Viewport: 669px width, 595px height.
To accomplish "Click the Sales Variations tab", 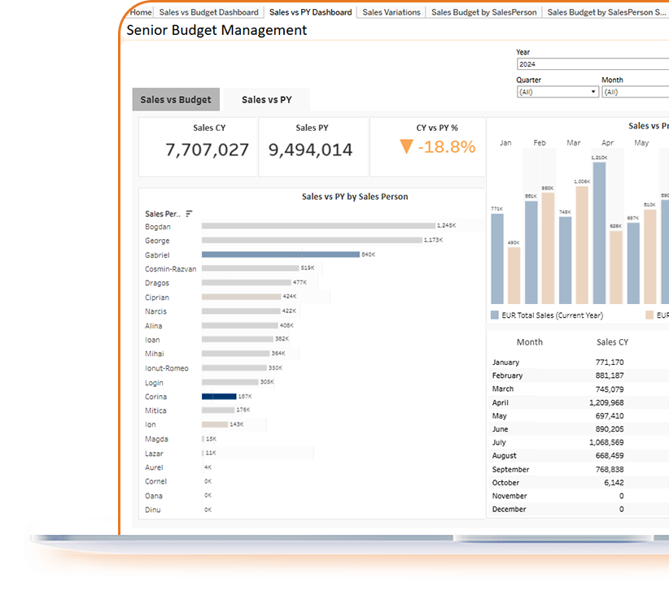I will coord(391,12).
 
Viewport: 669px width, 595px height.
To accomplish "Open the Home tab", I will coord(141,12).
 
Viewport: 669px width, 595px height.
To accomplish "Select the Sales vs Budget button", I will coord(176,100).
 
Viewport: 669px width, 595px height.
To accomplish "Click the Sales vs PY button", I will coord(266,100).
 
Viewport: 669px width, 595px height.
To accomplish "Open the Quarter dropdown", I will coord(557,93).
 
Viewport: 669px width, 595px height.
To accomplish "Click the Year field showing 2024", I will coord(592,64).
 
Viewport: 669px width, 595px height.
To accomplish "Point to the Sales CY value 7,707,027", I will coord(207,150).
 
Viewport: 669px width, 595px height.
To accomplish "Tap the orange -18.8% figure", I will coord(447,147).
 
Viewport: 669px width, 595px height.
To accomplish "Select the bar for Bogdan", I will coord(317,226).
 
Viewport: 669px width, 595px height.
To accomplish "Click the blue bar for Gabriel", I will coord(280,254).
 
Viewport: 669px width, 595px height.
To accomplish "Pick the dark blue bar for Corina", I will coord(219,397).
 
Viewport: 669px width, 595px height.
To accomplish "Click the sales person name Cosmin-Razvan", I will coord(170,269).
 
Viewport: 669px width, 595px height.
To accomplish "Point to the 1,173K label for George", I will coord(434,241).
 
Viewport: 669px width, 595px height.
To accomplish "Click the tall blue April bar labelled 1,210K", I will coord(600,232).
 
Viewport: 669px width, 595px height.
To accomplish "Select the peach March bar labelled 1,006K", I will coord(581,245).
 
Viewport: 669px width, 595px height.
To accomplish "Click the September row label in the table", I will coord(510,469).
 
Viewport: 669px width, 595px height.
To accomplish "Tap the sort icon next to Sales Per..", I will coord(189,214).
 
